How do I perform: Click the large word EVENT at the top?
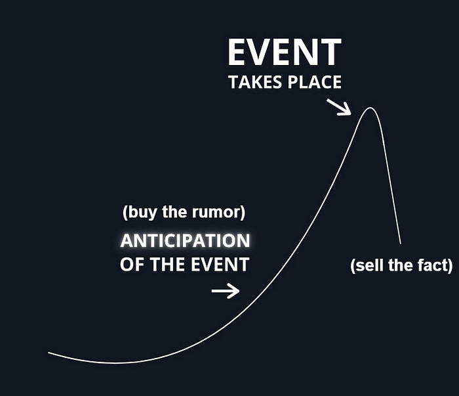pos(285,52)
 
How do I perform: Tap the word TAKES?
pos(255,82)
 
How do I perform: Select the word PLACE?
pos(315,82)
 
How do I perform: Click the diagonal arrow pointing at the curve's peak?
pos(339,107)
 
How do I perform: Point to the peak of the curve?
pos(370,108)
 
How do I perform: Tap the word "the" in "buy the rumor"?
pos(174,211)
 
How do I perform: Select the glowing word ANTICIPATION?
pos(185,241)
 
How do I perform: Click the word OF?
pos(132,265)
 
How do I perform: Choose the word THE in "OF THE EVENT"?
pos(167,265)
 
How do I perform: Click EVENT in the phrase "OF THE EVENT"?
pos(220,265)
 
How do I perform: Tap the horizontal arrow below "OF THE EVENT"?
pos(226,291)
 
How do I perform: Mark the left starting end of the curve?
pos(49,353)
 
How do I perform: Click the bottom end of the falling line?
pos(401,243)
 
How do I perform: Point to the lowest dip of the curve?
pos(115,363)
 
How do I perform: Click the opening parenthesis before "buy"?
pos(125,213)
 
